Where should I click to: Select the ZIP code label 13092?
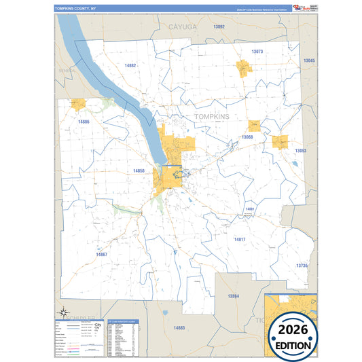coord(218,26)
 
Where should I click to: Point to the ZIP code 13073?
coord(257,52)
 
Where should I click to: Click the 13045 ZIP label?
coord(309,61)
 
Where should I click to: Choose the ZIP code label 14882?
coord(131,65)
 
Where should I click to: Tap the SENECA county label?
coord(66,71)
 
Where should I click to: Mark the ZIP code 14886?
coord(84,122)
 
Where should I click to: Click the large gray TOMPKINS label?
coord(212,117)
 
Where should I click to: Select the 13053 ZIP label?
coord(300,151)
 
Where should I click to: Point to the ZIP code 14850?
coord(139,170)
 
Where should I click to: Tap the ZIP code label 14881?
coord(250,209)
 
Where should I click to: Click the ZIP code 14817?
coord(239,240)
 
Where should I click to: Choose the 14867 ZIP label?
coord(102,254)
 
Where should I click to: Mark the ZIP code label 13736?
coord(302,266)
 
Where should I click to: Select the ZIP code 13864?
coord(234,296)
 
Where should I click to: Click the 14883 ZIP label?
coord(179,328)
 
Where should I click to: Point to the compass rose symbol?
coord(64,313)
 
